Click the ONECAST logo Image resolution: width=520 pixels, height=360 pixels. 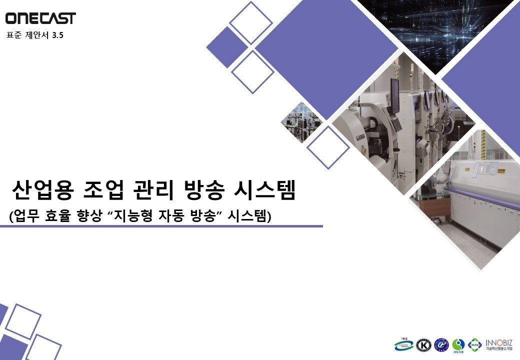pyautogui.click(x=40, y=18)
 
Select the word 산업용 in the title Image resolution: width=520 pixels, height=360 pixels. pyautogui.click(x=42, y=190)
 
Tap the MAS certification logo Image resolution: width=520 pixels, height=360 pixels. pyautogui.click(x=475, y=345)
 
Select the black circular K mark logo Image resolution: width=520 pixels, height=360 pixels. pyautogui.click(x=424, y=345)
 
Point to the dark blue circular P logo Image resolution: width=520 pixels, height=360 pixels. pyautogui.click(x=441, y=345)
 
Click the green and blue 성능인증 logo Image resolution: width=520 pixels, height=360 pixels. pyautogui.click(x=458, y=345)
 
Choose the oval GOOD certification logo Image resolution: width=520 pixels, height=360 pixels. pyautogui.click(x=403, y=344)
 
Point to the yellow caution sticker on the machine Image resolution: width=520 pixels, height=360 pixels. pyautogui.click(x=472, y=170)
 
